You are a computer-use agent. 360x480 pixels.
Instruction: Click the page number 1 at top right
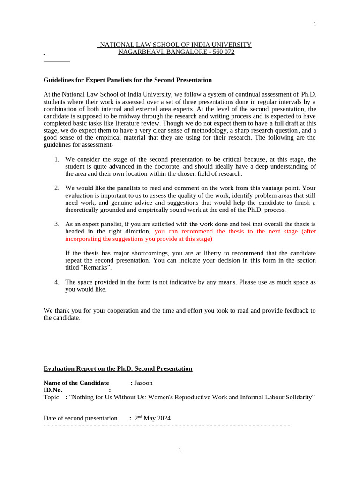tap(315, 24)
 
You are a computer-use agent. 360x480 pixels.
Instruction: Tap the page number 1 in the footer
tap(180, 450)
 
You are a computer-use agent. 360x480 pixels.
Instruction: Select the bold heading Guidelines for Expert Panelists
tap(127, 80)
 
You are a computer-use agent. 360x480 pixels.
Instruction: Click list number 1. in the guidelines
tap(57, 159)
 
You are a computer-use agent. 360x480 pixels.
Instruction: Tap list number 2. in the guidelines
tap(57, 188)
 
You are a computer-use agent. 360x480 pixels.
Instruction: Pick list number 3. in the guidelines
tap(57, 224)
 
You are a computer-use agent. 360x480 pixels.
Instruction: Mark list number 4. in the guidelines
tap(57, 282)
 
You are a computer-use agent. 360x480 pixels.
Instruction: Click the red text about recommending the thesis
tap(234, 232)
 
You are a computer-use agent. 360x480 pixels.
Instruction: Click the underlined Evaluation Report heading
tap(118, 368)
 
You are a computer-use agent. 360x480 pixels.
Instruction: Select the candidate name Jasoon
tap(143, 383)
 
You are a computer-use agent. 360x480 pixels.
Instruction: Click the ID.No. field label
tap(53, 390)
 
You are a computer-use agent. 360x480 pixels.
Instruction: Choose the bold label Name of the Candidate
tap(76, 383)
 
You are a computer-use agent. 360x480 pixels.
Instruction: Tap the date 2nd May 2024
tap(152, 418)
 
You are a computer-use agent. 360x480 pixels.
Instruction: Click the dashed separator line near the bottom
tap(166, 425)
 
